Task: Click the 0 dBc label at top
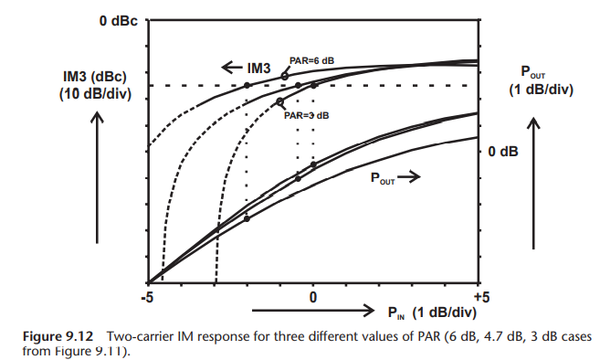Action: pos(118,20)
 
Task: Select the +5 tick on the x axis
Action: pos(480,297)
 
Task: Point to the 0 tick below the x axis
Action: pos(313,297)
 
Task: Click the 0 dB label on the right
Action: pos(503,151)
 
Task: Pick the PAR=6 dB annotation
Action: pos(312,61)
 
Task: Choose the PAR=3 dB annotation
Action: pos(306,115)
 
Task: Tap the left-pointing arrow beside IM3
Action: pos(228,67)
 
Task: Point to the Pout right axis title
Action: pos(541,80)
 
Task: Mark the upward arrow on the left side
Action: pos(98,170)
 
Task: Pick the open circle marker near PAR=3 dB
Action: pos(280,103)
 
